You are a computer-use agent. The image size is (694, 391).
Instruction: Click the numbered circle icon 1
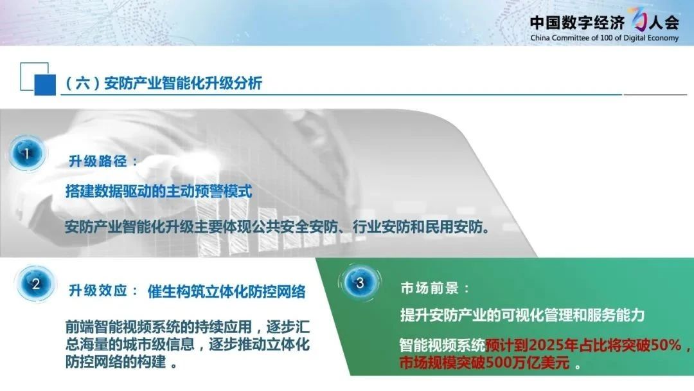pyautogui.click(x=26, y=153)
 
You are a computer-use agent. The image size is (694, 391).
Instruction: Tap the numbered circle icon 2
pyautogui.click(x=36, y=284)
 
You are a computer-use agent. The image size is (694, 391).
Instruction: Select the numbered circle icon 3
pyautogui.click(x=360, y=282)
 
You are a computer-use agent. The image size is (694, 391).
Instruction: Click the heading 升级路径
pyautogui.click(x=98, y=161)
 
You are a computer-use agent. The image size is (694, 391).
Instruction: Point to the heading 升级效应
pyautogui.click(x=98, y=291)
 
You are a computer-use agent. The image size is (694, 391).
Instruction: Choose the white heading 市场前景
pyautogui.click(x=429, y=288)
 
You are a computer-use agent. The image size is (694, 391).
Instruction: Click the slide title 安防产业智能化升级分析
pyautogui.click(x=182, y=83)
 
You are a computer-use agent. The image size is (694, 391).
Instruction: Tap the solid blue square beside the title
pyautogui.click(x=45, y=85)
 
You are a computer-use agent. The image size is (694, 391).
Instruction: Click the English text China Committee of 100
pyautogui.click(x=576, y=38)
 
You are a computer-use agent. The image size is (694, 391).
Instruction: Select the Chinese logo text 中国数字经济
pyautogui.click(x=577, y=22)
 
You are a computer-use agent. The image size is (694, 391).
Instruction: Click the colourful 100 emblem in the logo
pyautogui.click(x=637, y=19)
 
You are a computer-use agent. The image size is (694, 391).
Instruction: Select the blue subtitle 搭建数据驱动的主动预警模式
pyautogui.click(x=159, y=191)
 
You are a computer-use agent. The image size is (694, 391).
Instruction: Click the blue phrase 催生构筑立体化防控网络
pyautogui.click(x=227, y=291)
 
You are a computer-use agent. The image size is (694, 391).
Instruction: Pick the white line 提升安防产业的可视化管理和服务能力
pyautogui.click(x=522, y=315)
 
